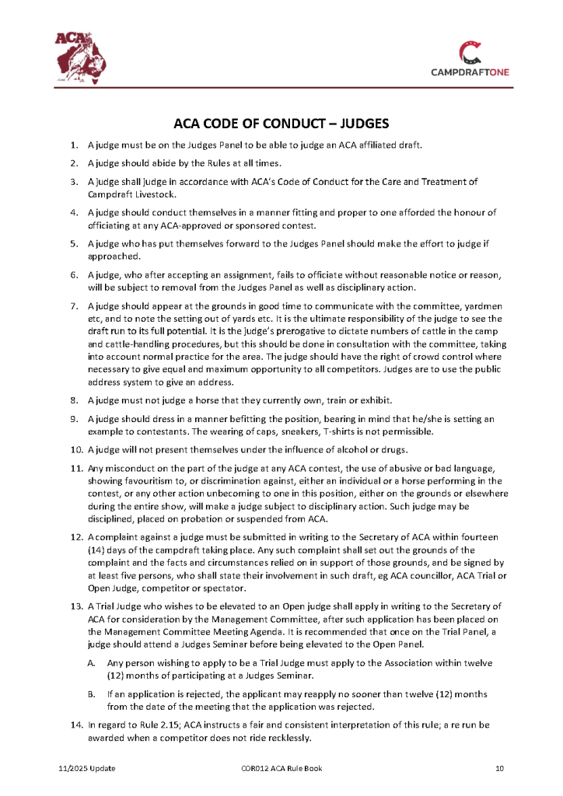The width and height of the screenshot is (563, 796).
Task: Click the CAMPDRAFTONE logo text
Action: pos(470,73)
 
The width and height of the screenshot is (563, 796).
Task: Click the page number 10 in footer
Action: pos(500,768)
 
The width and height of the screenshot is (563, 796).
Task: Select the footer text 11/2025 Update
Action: pos(87,768)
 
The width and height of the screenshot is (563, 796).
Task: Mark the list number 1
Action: pos(75,145)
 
